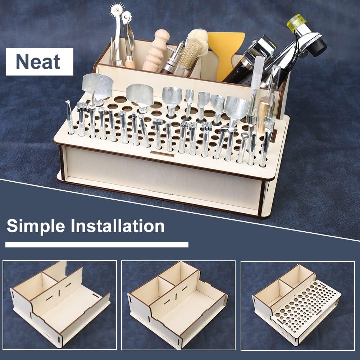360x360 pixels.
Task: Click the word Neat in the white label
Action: click(x=38, y=61)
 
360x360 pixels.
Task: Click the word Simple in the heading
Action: click(x=36, y=226)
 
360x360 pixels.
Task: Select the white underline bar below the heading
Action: click(x=97, y=245)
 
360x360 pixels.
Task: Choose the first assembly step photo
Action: click(x=60, y=305)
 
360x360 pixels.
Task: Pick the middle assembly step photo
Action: click(x=178, y=305)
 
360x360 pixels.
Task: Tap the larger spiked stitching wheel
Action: click(x=116, y=10)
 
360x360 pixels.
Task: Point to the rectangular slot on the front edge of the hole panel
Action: click(x=162, y=154)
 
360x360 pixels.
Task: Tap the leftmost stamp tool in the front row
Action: click(x=69, y=117)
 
